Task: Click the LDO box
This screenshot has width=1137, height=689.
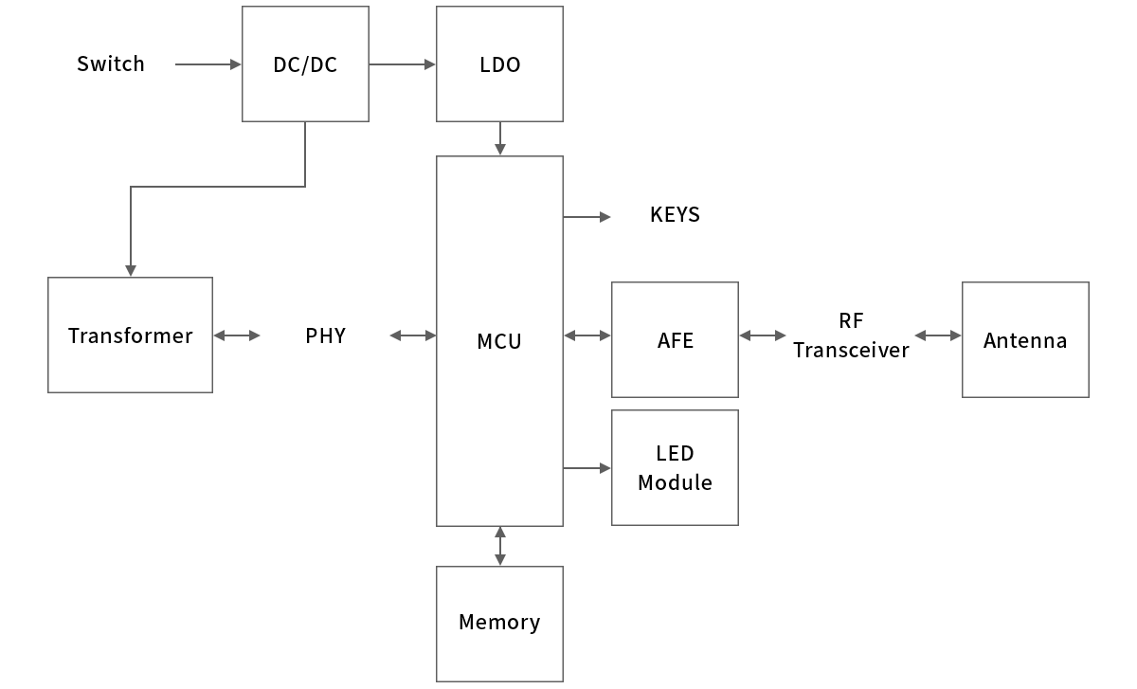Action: pyautogui.click(x=499, y=64)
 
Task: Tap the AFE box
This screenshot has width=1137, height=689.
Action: pyautogui.click(x=675, y=339)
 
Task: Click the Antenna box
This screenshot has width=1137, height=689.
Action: pyautogui.click(x=1024, y=339)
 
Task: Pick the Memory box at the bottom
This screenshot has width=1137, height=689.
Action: pyautogui.click(x=499, y=623)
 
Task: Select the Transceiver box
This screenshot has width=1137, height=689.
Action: pyautogui.click(x=130, y=335)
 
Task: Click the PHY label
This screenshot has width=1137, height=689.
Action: pyautogui.click(x=325, y=335)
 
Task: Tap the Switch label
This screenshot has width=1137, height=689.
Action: pyautogui.click(x=110, y=63)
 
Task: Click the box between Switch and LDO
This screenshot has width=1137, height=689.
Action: pyautogui.click(x=305, y=64)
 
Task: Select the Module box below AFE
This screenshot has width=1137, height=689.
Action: pyautogui.click(x=675, y=468)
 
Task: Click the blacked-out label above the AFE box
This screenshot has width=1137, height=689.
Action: pyautogui.click(x=675, y=214)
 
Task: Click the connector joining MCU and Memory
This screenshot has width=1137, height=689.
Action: pyautogui.click(x=499, y=546)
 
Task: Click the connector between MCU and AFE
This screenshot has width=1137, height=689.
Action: pyautogui.click(x=587, y=335)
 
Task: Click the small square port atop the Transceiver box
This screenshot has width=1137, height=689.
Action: pyautogui.click(x=130, y=270)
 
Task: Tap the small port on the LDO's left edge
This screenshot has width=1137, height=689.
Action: pyautogui.click(x=429, y=63)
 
